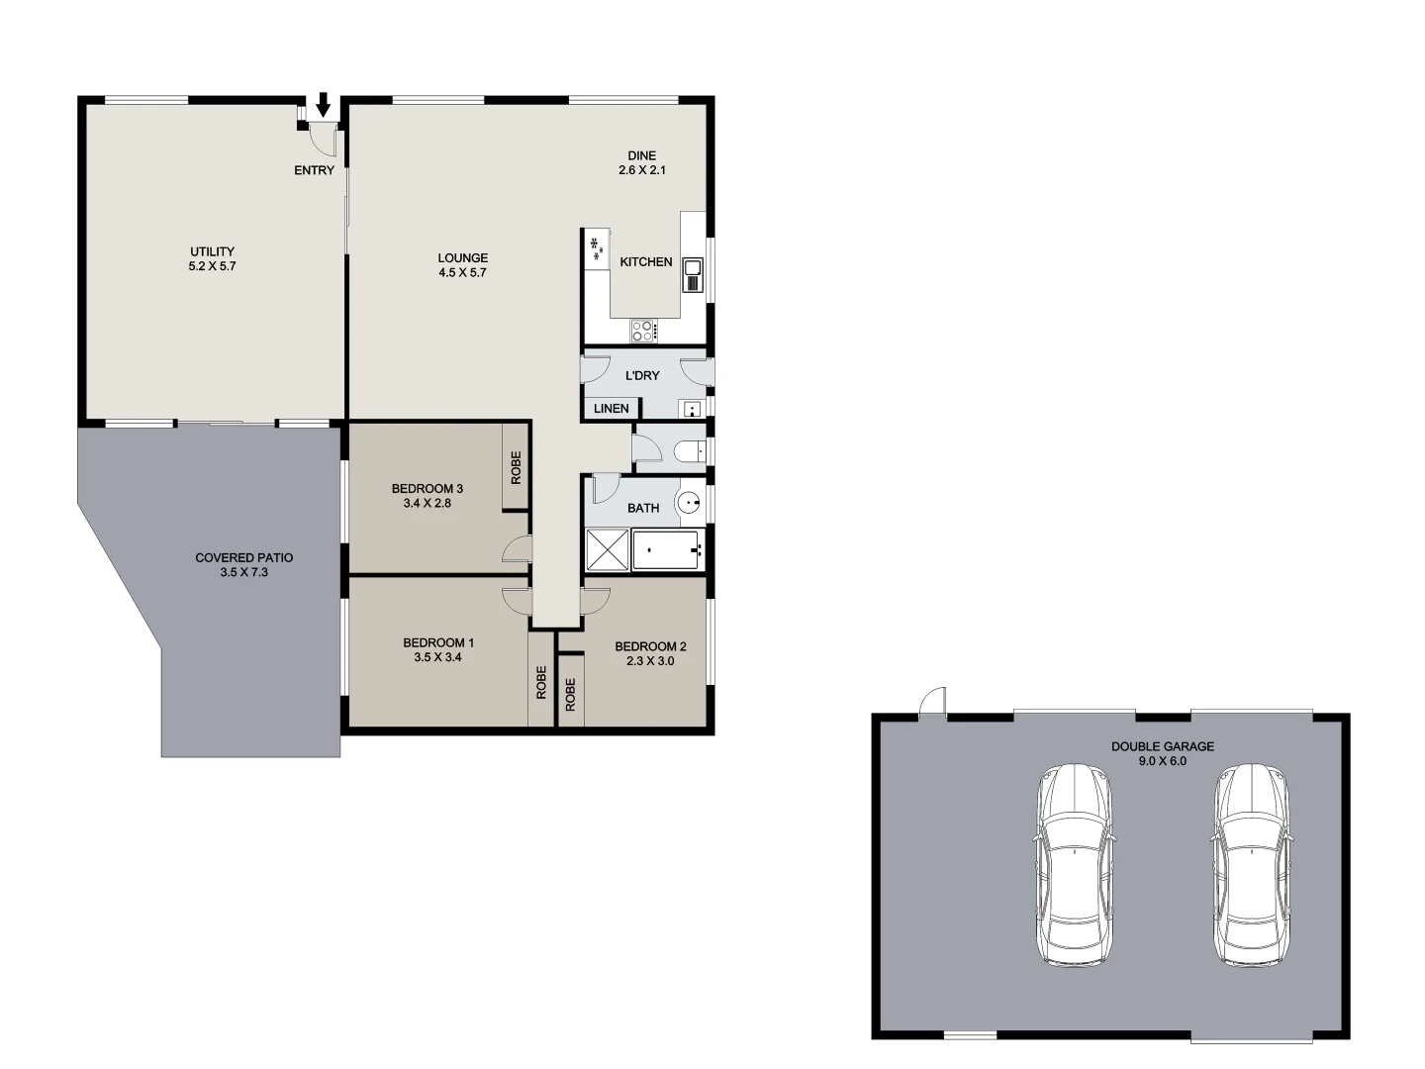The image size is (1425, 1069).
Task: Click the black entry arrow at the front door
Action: point(323,103)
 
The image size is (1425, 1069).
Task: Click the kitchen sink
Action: point(692,273)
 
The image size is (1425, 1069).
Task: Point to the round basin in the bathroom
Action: point(690,503)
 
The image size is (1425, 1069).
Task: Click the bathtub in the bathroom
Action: point(666,550)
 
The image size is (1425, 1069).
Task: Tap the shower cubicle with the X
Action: point(607,550)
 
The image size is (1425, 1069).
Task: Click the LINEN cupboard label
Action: point(612,408)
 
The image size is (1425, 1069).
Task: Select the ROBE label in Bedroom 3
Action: point(516,467)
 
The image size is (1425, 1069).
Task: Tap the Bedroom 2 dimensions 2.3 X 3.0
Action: point(650,661)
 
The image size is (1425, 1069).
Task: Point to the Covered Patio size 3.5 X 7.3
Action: point(244,572)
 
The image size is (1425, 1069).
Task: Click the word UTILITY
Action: point(213,251)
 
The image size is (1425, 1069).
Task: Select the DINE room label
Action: point(641,155)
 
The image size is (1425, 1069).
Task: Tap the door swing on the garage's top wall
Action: point(931,702)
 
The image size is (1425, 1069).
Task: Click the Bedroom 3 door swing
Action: point(517,549)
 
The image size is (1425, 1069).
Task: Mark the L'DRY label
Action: point(643,375)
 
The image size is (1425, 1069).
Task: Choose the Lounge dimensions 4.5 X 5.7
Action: point(463,272)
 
